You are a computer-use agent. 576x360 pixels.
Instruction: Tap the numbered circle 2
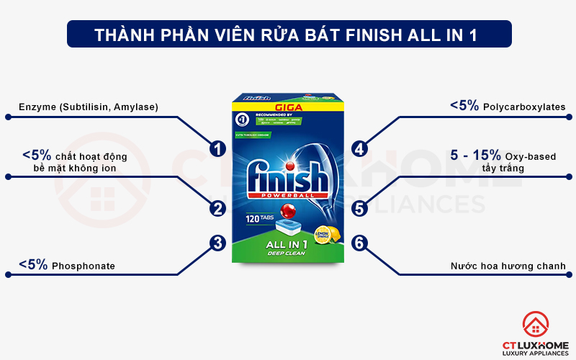(217, 209)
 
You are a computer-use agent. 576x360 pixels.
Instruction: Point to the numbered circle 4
(360, 149)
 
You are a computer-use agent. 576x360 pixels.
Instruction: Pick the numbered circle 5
(360, 209)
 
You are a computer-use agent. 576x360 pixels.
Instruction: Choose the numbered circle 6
(360, 243)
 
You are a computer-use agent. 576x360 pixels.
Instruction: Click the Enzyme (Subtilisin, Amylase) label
(89, 107)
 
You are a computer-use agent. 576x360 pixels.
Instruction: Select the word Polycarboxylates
(524, 107)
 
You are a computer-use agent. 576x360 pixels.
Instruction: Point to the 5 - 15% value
(476, 156)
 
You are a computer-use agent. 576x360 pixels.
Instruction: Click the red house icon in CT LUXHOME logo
(535, 323)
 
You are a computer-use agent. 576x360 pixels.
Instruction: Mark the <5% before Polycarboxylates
(464, 106)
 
